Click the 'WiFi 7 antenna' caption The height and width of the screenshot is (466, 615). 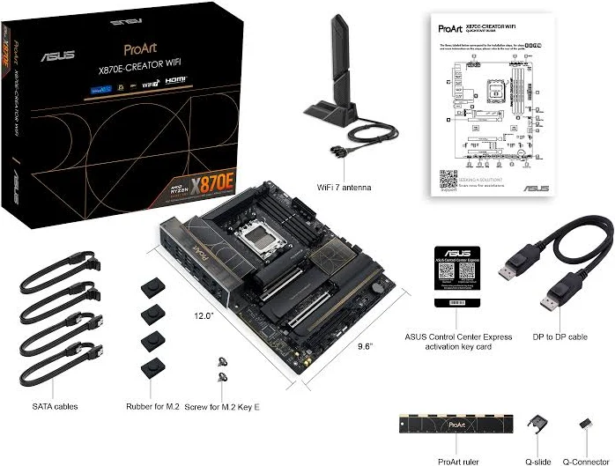pos(344,188)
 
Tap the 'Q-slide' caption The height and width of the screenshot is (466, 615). pos(538,460)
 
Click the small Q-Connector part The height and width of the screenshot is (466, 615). pos(584,425)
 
